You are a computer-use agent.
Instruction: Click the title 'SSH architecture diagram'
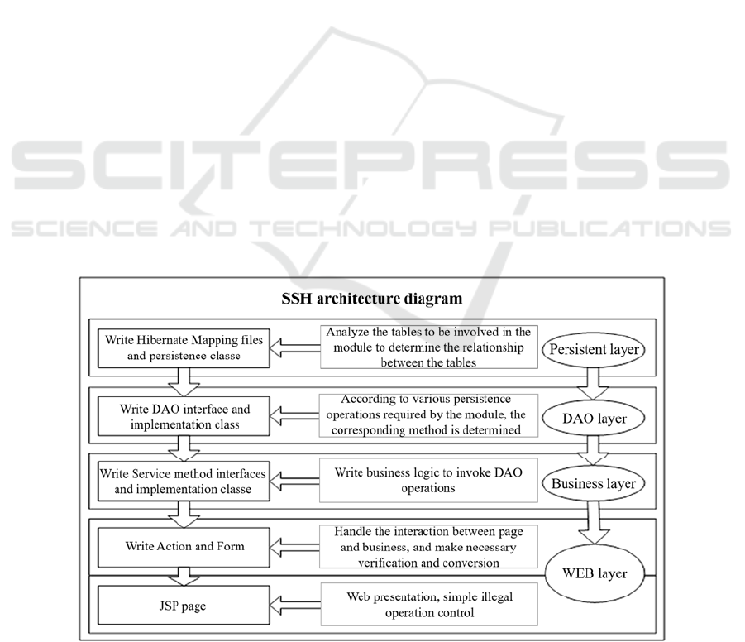(x=371, y=299)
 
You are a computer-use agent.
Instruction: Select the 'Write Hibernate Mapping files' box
(x=184, y=348)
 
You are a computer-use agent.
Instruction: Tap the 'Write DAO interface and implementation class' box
(x=184, y=416)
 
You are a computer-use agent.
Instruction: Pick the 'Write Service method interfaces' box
(x=184, y=481)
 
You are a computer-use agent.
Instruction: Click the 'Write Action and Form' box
(x=184, y=547)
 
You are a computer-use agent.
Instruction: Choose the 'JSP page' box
(x=184, y=605)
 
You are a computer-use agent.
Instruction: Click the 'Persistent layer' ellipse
(x=594, y=349)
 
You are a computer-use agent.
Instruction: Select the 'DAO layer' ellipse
(x=594, y=419)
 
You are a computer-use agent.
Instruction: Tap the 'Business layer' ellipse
(x=594, y=484)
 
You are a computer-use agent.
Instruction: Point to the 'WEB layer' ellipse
(x=595, y=573)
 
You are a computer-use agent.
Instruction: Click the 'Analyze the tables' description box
(x=429, y=347)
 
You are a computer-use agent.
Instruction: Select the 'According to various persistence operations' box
(x=428, y=415)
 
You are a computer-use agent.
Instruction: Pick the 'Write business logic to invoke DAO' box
(x=428, y=480)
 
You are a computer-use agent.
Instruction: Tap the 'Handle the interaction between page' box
(x=428, y=546)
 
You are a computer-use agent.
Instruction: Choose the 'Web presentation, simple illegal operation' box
(x=429, y=605)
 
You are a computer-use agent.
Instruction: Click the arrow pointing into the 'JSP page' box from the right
(x=295, y=606)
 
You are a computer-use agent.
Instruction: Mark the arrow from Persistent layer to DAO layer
(x=593, y=383)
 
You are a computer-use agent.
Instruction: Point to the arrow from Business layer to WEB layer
(x=593, y=522)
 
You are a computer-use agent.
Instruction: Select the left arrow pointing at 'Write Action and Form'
(x=294, y=548)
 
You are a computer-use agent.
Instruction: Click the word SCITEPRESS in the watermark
(x=370, y=164)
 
